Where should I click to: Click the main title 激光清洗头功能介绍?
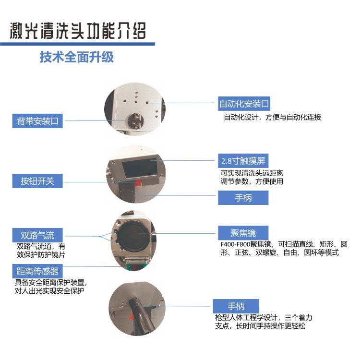click(78, 31)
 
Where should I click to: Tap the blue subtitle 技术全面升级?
click(77, 57)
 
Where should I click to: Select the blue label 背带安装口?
click(37, 121)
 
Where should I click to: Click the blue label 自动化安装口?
click(244, 104)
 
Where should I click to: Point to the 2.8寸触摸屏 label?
click(243, 161)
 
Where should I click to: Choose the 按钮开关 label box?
click(37, 181)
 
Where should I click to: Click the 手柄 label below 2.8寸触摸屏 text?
click(243, 198)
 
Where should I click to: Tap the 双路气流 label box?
click(37, 235)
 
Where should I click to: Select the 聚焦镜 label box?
click(243, 233)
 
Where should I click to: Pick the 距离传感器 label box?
click(37, 271)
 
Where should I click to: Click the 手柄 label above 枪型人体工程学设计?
click(236, 306)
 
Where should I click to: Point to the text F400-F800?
click(235, 244)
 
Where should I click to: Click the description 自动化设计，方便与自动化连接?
click(272, 117)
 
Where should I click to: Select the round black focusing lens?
click(133, 236)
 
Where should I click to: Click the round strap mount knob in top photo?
click(135, 120)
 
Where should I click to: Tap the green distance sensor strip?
click(136, 267)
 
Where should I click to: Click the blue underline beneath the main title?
click(78, 44)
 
